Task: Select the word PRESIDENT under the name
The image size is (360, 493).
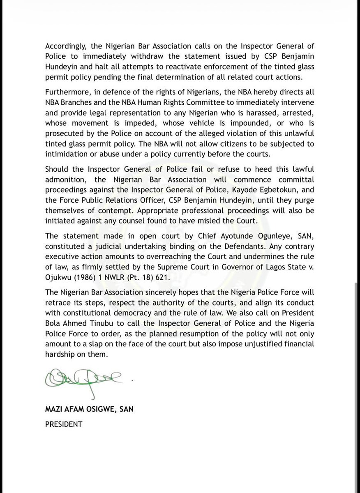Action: click(63, 424)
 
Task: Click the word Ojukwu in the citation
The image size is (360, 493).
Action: click(56, 275)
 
